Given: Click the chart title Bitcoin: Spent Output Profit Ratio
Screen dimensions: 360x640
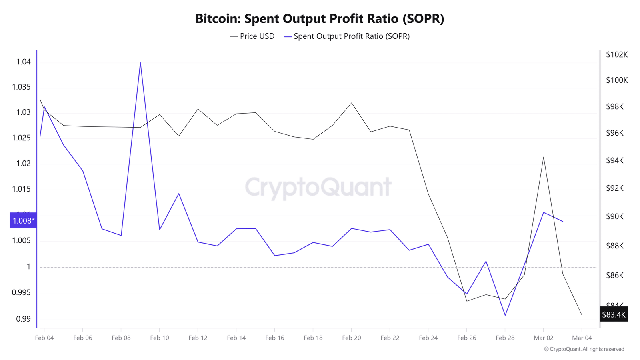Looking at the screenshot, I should pos(320,18).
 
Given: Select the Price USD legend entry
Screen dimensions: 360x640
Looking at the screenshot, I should pos(252,36).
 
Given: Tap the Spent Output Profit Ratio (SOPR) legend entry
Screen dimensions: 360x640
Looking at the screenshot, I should pos(347,36).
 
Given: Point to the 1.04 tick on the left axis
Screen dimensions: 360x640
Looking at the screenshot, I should pos(23,62).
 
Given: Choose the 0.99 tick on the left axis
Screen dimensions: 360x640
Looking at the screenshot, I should pos(23,319).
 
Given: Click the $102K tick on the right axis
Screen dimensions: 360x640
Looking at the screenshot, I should pos(617,54).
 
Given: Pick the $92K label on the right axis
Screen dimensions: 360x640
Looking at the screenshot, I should pos(615,188).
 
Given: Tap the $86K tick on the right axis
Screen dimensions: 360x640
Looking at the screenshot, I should pos(615,275).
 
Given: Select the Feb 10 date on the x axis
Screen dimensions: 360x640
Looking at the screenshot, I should pos(160,338).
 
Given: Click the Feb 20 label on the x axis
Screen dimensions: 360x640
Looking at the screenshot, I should pos(352,338).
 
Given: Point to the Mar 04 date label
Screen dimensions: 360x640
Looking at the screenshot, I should pos(582,338).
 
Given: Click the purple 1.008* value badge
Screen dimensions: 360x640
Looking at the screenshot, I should pos(24,220).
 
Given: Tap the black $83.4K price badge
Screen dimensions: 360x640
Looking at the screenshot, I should pos(614,314).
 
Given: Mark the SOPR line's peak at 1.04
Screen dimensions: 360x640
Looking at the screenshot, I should pos(140,63).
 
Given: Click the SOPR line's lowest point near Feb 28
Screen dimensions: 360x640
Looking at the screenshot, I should pos(505,315).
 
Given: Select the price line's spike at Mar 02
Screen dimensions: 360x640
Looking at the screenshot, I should pos(544,157).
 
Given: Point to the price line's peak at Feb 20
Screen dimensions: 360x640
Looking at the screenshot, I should pos(352,103).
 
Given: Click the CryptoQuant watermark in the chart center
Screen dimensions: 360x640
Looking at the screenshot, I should pos(318,187).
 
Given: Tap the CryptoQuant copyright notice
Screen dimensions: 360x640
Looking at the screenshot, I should pos(584,349).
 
